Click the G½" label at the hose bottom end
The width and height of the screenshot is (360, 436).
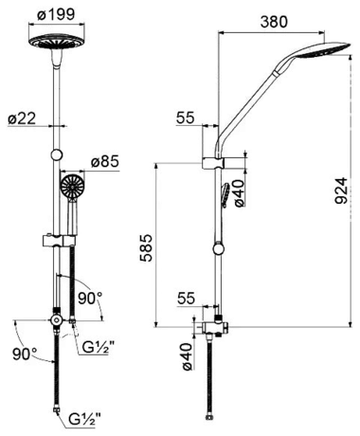point(82,416)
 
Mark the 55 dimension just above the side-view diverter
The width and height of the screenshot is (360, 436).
point(186,298)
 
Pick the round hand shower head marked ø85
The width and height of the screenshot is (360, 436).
point(72,187)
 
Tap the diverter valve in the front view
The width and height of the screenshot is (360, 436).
point(60,323)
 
